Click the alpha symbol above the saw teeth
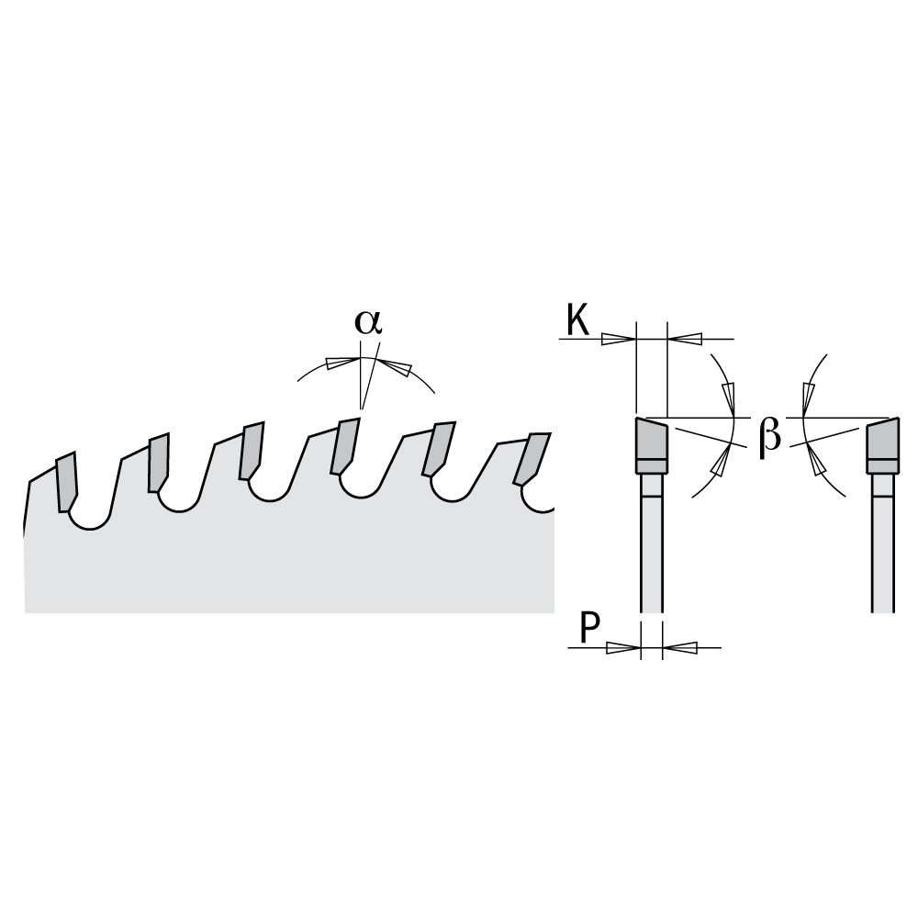pos(368,322)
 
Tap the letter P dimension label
pos(589,628)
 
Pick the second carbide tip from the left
pos(159,463)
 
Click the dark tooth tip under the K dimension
pos(651,445)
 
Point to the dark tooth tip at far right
pos(883,445)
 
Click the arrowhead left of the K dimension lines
pos(619,339)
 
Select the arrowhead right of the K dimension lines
pos(685,339)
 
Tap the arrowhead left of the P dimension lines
pos(623,647)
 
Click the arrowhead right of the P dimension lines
pos(679,647)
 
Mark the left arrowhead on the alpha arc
pos(343,362)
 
